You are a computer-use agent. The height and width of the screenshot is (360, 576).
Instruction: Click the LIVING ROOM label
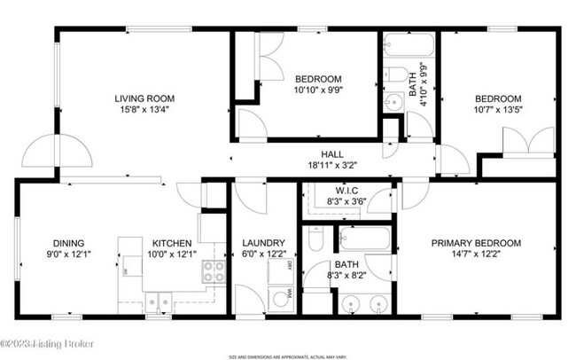pos(144,98)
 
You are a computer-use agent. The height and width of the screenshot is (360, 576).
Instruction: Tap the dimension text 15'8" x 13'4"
pos(144,111)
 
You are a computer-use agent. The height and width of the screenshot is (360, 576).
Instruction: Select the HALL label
pos(320,154)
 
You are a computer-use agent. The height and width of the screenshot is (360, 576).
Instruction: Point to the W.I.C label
pos(346,191)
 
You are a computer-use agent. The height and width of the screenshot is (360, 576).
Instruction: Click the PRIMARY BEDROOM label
pos(476,243)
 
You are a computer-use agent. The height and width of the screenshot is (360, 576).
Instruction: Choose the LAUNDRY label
pos(263,243)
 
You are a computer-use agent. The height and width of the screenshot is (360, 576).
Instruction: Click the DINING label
pos(68,243)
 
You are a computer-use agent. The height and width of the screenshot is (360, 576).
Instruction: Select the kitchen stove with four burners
pos(213,272)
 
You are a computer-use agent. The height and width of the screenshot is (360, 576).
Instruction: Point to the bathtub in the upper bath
pos(409,45)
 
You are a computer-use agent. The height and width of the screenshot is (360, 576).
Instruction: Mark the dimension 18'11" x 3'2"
pos(320,166)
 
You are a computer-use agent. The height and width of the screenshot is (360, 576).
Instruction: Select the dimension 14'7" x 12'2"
pos(476,255)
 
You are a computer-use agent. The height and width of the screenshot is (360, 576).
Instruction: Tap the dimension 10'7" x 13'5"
pos(497,111)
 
